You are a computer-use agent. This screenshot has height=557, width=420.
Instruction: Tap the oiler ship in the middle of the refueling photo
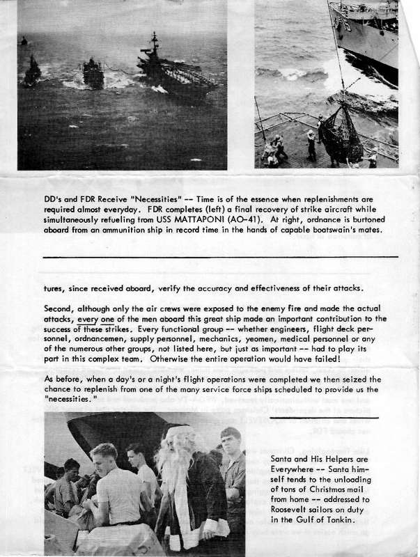click(x=93, y=72)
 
